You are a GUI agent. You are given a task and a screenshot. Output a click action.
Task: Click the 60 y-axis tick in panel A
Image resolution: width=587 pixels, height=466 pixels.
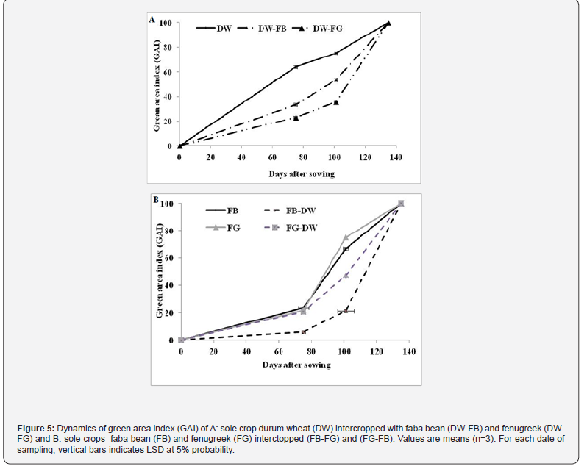click(168, 72)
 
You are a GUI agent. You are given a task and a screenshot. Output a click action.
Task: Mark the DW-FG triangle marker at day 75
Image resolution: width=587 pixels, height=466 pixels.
click(296, 118)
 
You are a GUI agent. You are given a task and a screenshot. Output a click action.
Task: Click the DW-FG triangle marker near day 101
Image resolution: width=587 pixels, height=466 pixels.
click(336, 102)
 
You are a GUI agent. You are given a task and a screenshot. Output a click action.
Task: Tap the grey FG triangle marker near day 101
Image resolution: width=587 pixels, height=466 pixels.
click(346, 237)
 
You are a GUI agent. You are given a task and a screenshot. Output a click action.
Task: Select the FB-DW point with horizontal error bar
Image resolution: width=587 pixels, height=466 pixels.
click(346, 312)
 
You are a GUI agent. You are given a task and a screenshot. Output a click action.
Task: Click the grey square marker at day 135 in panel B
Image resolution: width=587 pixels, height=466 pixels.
click(401, 203)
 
